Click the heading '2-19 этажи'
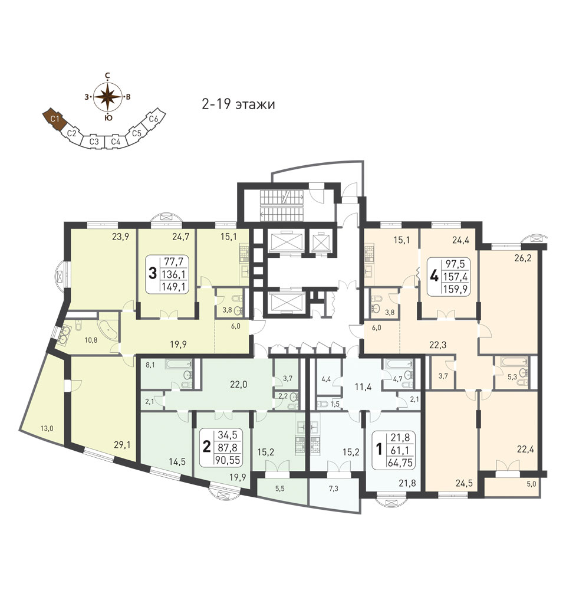coord(239,105)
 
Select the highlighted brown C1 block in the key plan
coord(55,119)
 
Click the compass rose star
coord(107,96)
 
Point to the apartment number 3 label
coord(153,274)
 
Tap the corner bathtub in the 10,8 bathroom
coord(107,329)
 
